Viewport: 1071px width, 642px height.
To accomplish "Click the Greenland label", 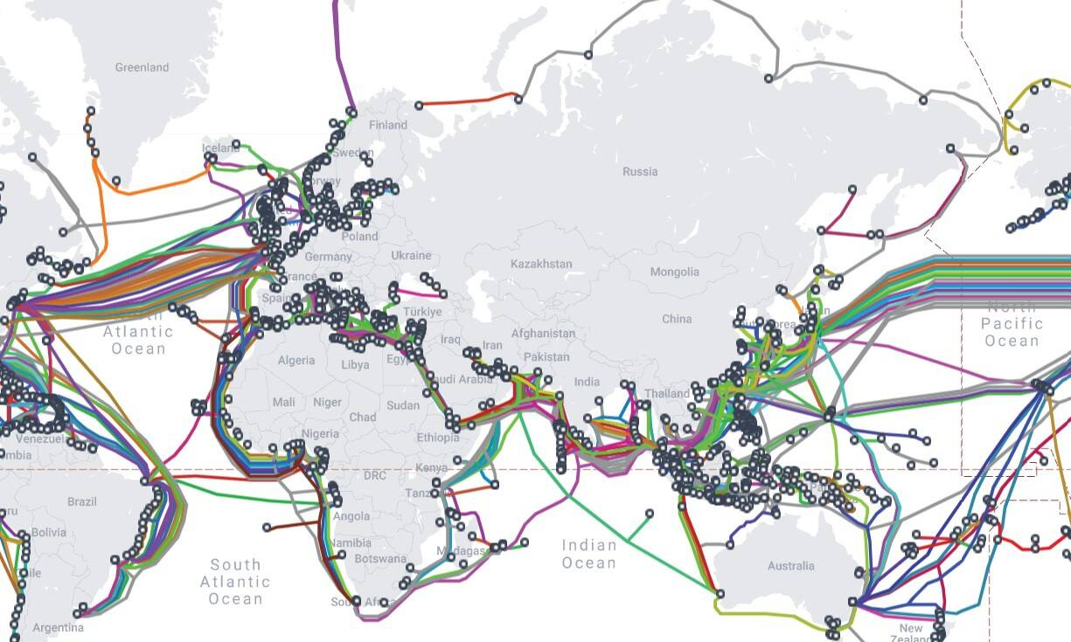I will (142, 67).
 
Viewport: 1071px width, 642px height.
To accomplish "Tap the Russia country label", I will (640, 171).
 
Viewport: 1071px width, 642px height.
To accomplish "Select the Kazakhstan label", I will (541, 264).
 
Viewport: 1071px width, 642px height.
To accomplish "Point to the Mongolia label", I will (674, 272).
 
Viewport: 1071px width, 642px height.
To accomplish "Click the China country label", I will (677, 319).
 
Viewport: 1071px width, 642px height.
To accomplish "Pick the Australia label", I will (790, 566).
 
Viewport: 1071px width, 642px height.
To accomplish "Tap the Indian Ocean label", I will (589, 554).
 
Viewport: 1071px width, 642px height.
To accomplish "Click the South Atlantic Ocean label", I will (235, 582).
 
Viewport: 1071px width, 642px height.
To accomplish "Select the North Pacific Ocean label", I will (1012, 323).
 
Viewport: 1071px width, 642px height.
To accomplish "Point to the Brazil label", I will (82, 502).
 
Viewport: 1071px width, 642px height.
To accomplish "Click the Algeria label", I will (296, 360).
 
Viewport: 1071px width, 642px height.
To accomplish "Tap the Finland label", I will (388, 125).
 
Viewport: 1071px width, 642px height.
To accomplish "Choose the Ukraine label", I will (411, 256).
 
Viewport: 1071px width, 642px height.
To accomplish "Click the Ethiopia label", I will (437, 438).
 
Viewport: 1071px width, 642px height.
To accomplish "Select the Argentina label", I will (59, 627).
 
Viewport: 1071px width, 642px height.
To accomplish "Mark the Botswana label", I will (380, 559).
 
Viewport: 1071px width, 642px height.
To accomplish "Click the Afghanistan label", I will (543, 333).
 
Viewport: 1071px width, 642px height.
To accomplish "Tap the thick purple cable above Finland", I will (340, 52).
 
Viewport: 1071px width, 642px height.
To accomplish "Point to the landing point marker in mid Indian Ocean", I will (650, 513).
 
